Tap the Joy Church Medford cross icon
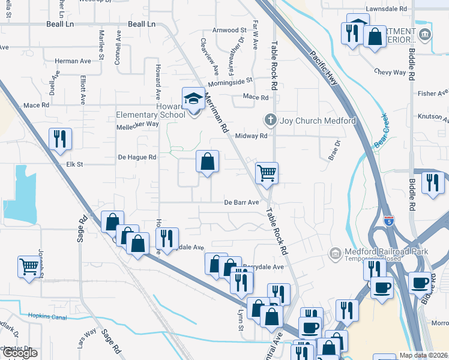270,120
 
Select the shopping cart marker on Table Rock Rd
267,173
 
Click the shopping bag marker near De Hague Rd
207,161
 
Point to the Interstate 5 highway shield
388,221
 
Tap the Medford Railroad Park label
385,251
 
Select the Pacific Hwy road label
324,65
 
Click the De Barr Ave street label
243,202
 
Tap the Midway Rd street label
250,136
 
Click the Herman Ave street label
72,61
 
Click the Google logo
20,353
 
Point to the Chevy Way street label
390,72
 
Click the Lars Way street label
86,333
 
